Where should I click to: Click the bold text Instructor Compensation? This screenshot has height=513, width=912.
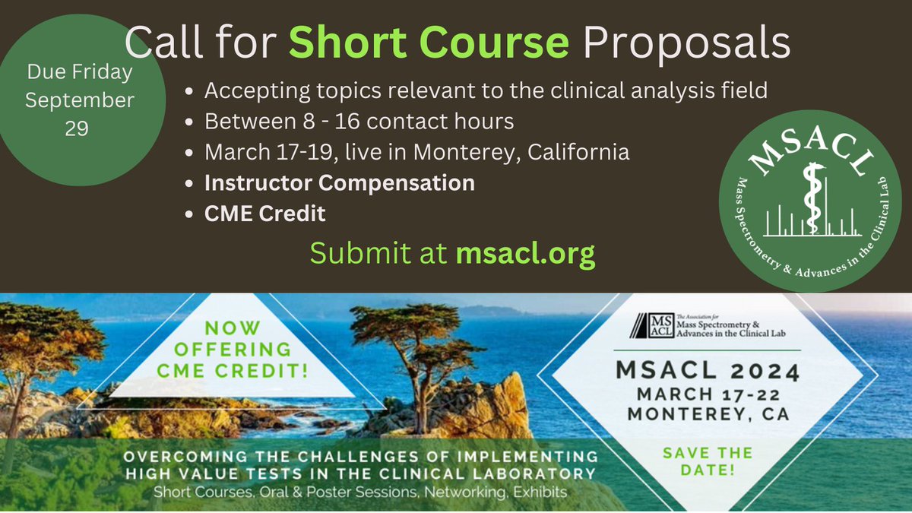(x=340, y=183)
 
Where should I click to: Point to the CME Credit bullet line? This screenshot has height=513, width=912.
(x=265, y=214)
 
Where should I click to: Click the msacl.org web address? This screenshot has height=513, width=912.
(x=525, y=255)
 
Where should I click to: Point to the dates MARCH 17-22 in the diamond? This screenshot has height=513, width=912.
(x=707, y=395)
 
